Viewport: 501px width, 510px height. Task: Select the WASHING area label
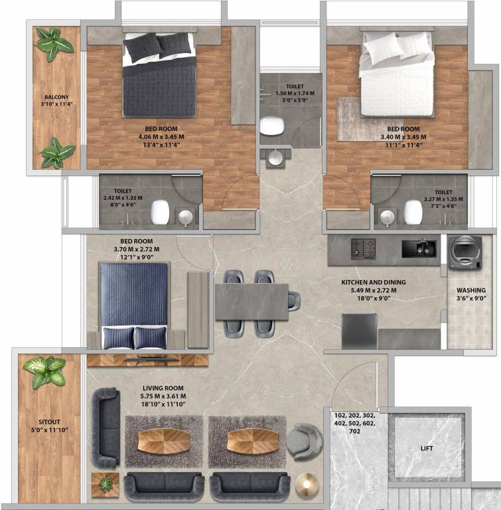470,290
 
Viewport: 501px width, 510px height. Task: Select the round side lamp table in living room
307,484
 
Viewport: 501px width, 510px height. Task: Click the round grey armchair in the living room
306,442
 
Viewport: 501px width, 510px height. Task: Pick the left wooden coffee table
163,441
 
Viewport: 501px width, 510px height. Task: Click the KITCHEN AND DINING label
373,282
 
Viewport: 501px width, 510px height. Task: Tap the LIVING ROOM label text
163,388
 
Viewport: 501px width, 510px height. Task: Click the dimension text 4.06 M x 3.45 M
162,137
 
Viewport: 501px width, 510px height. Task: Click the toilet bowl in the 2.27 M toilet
413,212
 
